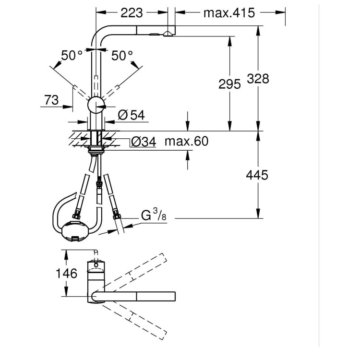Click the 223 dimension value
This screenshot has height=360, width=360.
tap(132, 13)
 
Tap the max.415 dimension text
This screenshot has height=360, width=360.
tap(229, 13)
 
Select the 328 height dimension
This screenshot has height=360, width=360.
tap(258, 79)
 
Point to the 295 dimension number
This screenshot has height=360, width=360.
tap(229, 84)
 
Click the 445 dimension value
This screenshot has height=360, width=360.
tap(257, 175)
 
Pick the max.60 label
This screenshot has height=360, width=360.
tap(186, 141)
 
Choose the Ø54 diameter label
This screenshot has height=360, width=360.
tap(132, 115)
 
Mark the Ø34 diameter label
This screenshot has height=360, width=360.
tap(143, 142)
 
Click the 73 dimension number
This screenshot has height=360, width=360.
tap(52, 100)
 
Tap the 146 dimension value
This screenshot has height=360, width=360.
tap(67, 274)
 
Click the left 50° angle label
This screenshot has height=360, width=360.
tap(72, 56)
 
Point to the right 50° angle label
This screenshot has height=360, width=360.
tap(122, 56)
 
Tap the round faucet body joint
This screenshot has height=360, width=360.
tap(96, 105)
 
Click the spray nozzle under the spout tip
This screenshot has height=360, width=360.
tap(168, 34)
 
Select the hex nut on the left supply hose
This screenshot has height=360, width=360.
tap(76, 216)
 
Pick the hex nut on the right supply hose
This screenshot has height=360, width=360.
tap(117, 216)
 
